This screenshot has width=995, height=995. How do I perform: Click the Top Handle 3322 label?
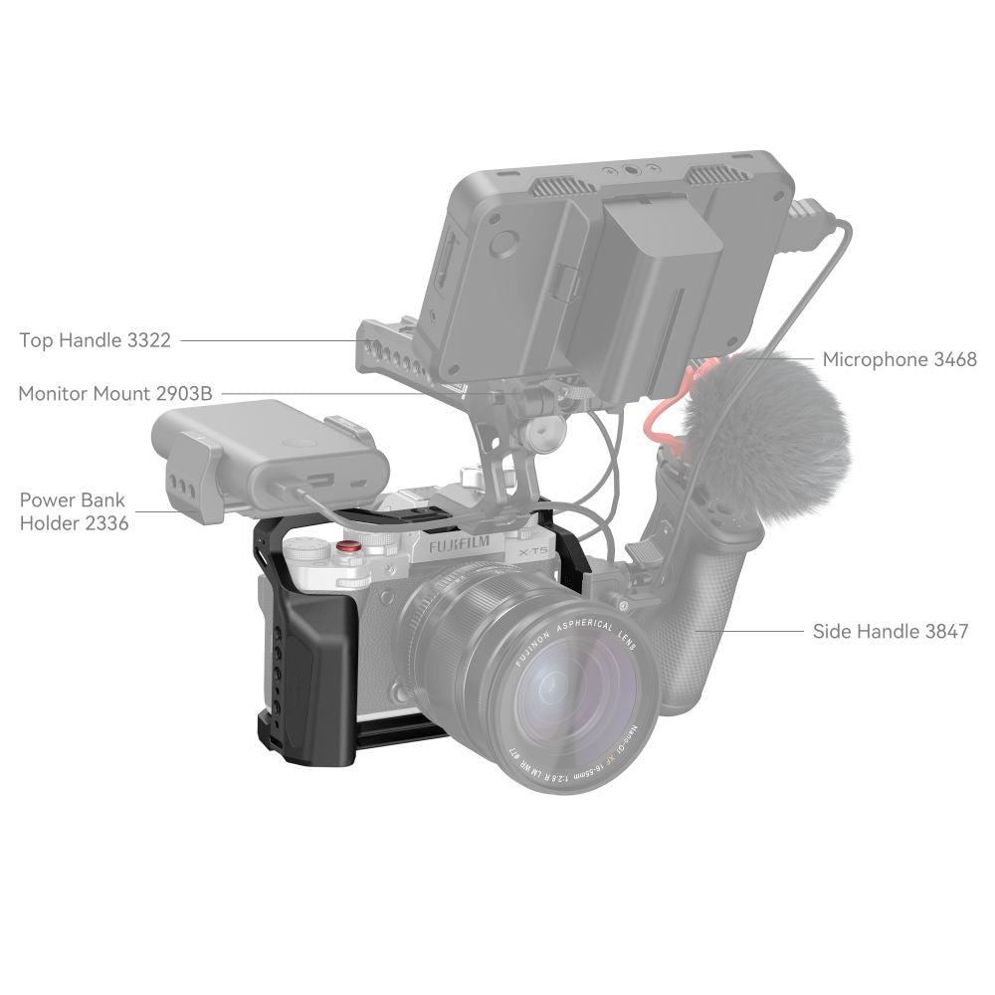[x=96, y=340]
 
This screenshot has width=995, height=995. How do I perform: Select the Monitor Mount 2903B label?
[x=115, y=393]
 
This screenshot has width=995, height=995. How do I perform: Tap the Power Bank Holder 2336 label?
[x=74, y=510]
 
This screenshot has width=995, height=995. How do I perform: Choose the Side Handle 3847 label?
[x=891, y=631]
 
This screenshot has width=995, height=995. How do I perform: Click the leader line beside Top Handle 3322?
[x=269, y=340]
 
